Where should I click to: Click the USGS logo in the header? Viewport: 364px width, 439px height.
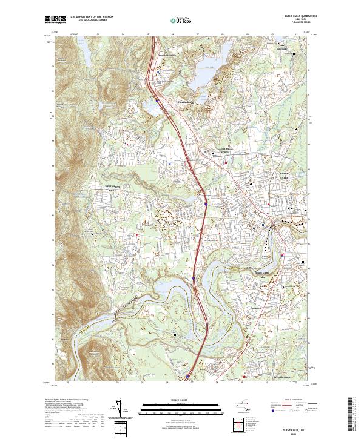[x=56, y=19]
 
